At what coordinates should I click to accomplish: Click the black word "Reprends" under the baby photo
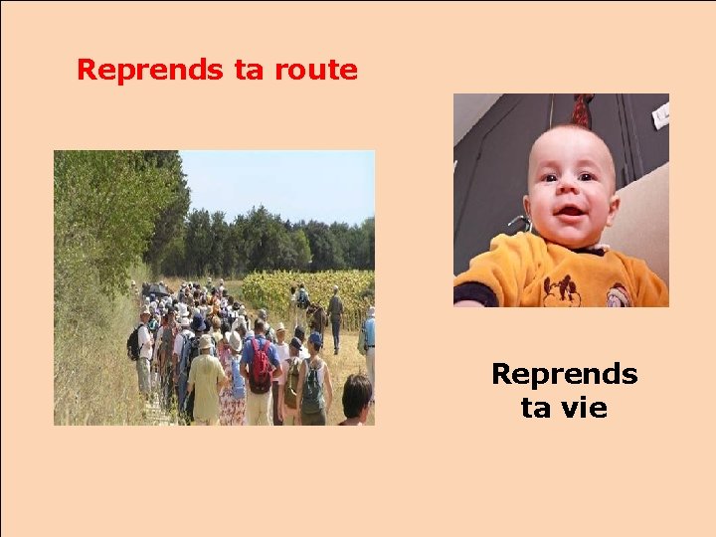coord(564,375)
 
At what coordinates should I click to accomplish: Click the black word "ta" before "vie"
coord(535,408)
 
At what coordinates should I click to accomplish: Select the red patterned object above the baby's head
coord(582,109)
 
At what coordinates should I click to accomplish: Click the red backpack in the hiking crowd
coord(262,364)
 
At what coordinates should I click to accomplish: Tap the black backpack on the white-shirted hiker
coord(135,343)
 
